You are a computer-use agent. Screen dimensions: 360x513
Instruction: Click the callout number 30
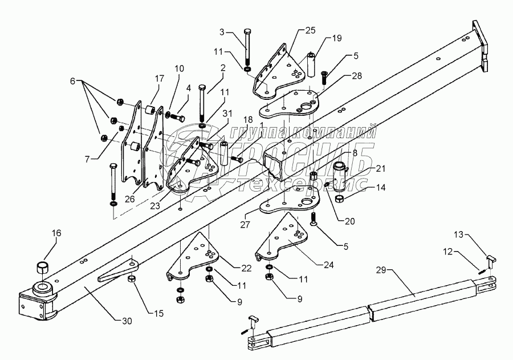[126, 321]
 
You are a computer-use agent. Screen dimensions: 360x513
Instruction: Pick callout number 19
[337, 39]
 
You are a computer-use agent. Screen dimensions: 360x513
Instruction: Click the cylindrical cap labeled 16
[42, 268]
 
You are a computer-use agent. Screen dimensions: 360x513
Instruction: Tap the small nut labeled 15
[130, 280]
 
